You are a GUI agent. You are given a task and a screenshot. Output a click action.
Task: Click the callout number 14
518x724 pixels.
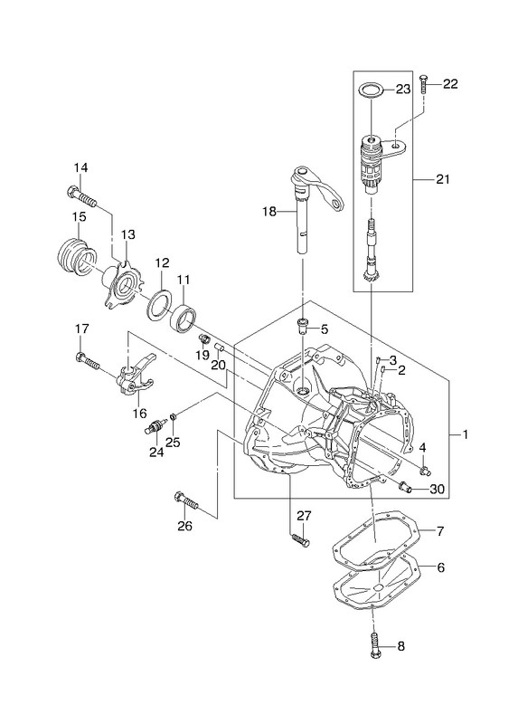[x=80, y=167]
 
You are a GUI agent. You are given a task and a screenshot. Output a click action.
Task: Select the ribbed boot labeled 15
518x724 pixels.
[x=76, y=257]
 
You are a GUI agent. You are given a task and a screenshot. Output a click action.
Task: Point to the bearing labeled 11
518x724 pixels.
[x=184, y=318]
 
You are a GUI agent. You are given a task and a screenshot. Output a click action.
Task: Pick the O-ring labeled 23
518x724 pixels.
[x=370, y=90]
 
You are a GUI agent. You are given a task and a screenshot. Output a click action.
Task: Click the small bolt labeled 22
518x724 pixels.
[x=424, y=84]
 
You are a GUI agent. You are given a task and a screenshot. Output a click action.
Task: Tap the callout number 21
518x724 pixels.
[x=442, y=179]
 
